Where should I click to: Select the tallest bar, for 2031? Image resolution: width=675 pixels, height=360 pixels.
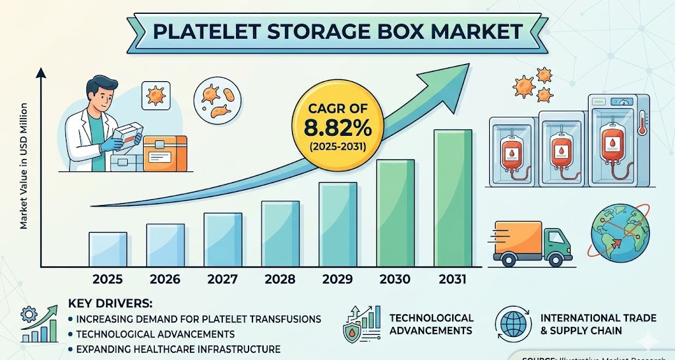pyautogui.click(x=452, y=197)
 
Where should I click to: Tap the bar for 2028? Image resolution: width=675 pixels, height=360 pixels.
pyautogui.click(x=280, y=233)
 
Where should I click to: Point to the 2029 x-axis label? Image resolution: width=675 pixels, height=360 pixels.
pyautogui.click(x=337, y=279)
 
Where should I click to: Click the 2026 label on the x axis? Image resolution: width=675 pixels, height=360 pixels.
pyautogui.click(x=165, y=279)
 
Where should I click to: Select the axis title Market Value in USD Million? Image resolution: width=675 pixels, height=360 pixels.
pyautogui.click(x=23, y=165)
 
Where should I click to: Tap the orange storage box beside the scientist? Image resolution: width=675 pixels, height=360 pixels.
pyautogui.click(x=165, y=153)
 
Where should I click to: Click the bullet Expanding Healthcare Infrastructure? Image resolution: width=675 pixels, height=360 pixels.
pyautogui.click(x=178, y=349)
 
